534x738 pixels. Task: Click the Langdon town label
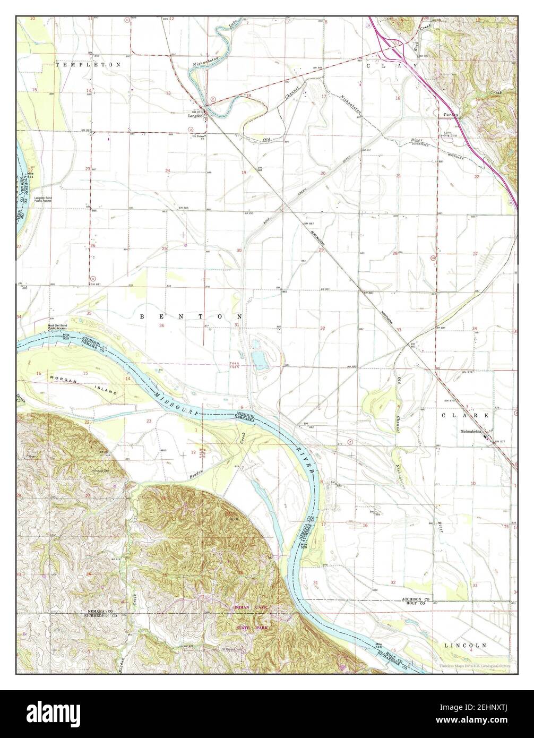point(196,117)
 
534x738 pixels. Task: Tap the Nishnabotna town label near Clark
point(474,432)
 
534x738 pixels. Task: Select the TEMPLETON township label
point(88,64)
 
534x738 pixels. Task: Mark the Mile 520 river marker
point(303,546)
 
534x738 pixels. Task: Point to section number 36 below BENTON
point(161,325)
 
